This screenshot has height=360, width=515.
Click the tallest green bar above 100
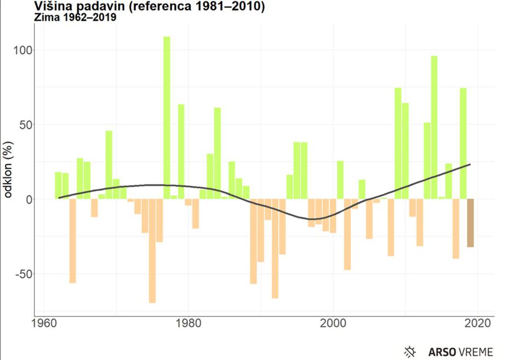[167, 118]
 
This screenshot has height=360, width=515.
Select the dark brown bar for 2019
[470, 223]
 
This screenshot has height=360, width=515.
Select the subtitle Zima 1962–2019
[75, 18]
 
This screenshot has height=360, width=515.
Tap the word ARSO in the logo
[438, 351]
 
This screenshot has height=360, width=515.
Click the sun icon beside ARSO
[409, 351]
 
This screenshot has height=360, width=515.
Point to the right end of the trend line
[470, 164]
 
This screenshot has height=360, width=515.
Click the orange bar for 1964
[72, 241]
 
